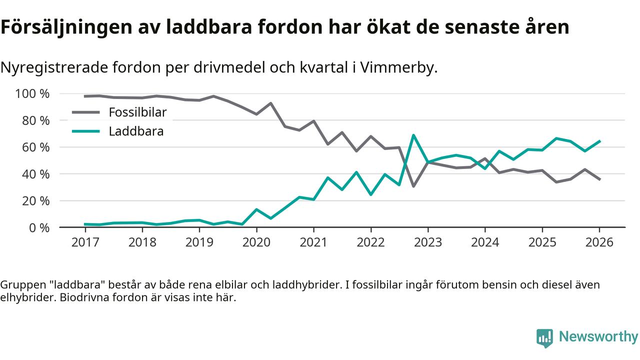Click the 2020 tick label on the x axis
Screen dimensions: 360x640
(256, 242)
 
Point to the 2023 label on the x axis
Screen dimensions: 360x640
(428, 242)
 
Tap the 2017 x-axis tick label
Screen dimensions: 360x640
(85, 242)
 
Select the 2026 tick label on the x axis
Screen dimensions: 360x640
(599, 242)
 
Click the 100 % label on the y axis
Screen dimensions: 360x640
(32, 94)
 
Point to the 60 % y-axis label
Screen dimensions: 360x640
(35, 147)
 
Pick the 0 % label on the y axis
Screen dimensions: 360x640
(38, 227)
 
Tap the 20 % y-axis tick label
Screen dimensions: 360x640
(35, 201)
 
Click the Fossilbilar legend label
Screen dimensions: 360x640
(137, 112)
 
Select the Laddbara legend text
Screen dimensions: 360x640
(136, 131)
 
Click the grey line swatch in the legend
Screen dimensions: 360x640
(86, 112)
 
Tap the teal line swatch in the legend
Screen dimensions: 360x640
(86, 131)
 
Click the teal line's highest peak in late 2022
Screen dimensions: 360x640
(413, 135)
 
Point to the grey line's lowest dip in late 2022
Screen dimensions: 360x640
(413, 186)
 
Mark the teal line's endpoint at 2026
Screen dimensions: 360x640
(599, 141)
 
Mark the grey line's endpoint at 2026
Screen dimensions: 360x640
(599, 179)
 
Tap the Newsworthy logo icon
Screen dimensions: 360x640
(544, 337)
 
